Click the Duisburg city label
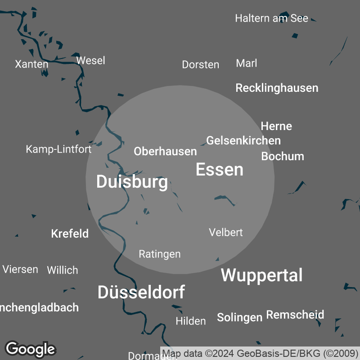[132, 182]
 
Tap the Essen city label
[220, 170]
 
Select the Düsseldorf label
[141, 292]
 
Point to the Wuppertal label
[261, 275]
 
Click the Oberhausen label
[165, 152]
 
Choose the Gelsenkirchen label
[243, 141]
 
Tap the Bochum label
[283, 157]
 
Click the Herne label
[276, 126]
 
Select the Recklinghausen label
[277, 88]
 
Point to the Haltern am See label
[271, 18]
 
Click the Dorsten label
[200, 64]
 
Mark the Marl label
[247, 63]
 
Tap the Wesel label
[90, 60]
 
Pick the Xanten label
[31, 64]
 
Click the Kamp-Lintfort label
[58, 149]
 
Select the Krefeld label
[70, 234]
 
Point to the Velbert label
[226, 232]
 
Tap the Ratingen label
[159, 254]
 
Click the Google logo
[30, 349]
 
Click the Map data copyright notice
[260, 353]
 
